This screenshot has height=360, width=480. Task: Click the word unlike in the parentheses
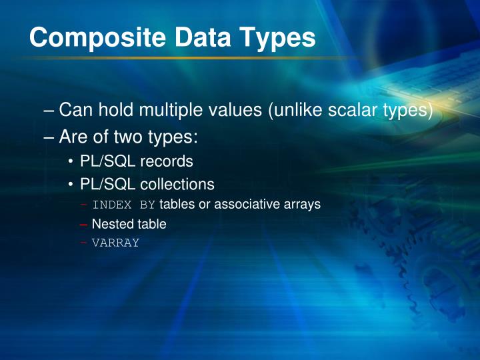pyautogui.click(x=299, y=110)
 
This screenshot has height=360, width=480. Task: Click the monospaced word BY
pyautogui.click(x=147, y=205)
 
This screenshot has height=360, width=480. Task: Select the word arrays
pyautogui.click(x=302, y=205)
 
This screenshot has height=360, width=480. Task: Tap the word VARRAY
pyautogui.click(x=115, y=243)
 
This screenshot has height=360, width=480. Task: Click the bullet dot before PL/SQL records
pyautogui.click(x=71, y=162)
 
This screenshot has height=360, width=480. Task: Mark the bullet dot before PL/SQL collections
pyautogui.click(x=71, y=185)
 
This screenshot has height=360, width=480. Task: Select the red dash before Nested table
pyautogui.click(x=83, y=225)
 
